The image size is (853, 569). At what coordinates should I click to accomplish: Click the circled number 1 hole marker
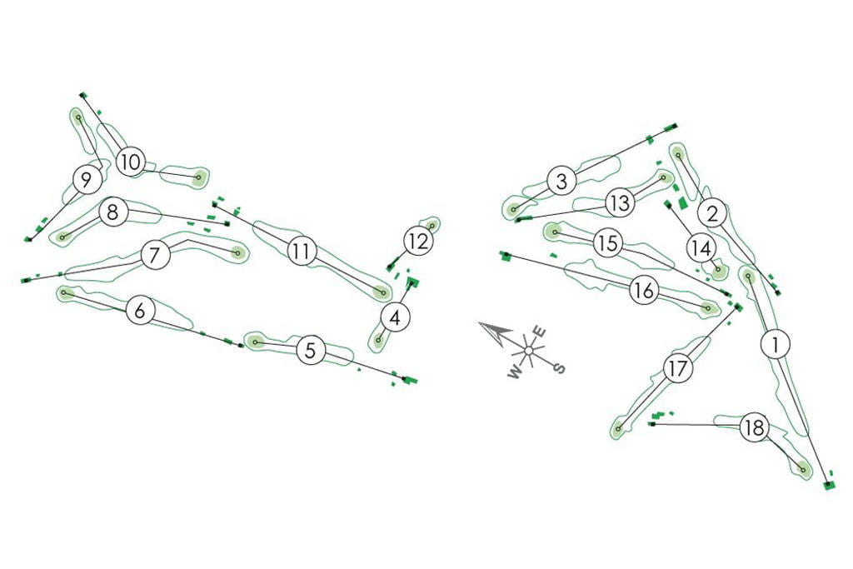(x=776, y=343)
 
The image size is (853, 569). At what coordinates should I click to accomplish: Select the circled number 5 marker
(x=311, y=350)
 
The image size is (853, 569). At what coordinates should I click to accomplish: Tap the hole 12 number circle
(x=419, y=242)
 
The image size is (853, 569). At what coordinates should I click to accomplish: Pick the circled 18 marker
(x=754, y=429)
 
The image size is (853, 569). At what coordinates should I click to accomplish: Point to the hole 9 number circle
(x=87, y=178)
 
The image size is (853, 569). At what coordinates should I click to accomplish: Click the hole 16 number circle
(x=642, y=291)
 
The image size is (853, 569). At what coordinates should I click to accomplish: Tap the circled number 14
(x=701, y=247)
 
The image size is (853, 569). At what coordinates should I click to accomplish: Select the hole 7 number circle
(x=155, y=255)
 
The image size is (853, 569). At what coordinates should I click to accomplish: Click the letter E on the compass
(x=539, y=332)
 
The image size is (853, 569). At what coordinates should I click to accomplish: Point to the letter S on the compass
(x=560, y=367)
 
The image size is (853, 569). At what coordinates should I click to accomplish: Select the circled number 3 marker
(x=562, y=181)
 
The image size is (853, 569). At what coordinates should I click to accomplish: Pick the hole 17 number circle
(x=680, y=368)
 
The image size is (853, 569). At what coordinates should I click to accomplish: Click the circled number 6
(x=140, y=312)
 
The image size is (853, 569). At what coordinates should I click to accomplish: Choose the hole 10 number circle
(x=130, y=162)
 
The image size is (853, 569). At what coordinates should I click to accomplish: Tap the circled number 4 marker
(x=397, y=317)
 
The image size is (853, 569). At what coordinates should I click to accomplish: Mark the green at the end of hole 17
(x=617, y=430)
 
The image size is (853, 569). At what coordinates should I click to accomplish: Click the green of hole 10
(x=198, y=177)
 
